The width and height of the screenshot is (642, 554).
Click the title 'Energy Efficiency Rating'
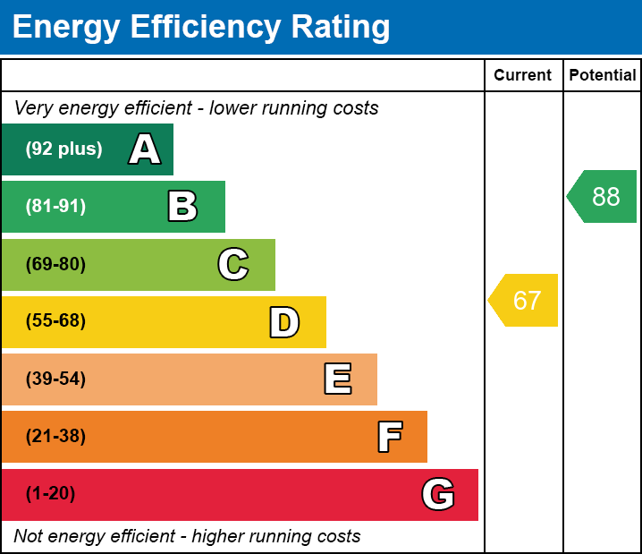coord(201,28)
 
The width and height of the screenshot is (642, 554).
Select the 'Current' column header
coord(522,76)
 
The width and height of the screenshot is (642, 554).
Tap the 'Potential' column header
coord(603,76)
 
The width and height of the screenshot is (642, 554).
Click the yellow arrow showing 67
coord(524,301)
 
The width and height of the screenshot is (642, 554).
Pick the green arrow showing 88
coord(603,196)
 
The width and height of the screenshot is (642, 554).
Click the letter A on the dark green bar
coord(145,149)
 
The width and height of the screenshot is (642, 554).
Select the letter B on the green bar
coord(182,207)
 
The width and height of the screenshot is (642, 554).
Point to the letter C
coord(233,264)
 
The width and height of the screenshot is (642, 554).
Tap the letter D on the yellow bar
coord(284,322)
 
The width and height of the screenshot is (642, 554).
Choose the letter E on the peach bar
coord(337,379)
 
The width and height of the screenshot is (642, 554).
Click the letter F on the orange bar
coord(389,437)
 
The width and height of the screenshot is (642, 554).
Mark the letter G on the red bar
coord(438,494)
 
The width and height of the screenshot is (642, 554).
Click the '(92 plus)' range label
coord(63,149)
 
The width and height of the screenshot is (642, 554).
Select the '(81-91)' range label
coord(55,207)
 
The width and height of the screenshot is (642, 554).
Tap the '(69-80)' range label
coord(55,264)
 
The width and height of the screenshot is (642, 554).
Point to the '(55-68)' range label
coord(55,321)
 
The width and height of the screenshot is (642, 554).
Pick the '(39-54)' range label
coord(55,379)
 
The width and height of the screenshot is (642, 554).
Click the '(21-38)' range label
coord(55,437)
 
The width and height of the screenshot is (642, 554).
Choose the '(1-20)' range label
coord(51,494)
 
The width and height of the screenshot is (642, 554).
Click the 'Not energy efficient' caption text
coord(187,537)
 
